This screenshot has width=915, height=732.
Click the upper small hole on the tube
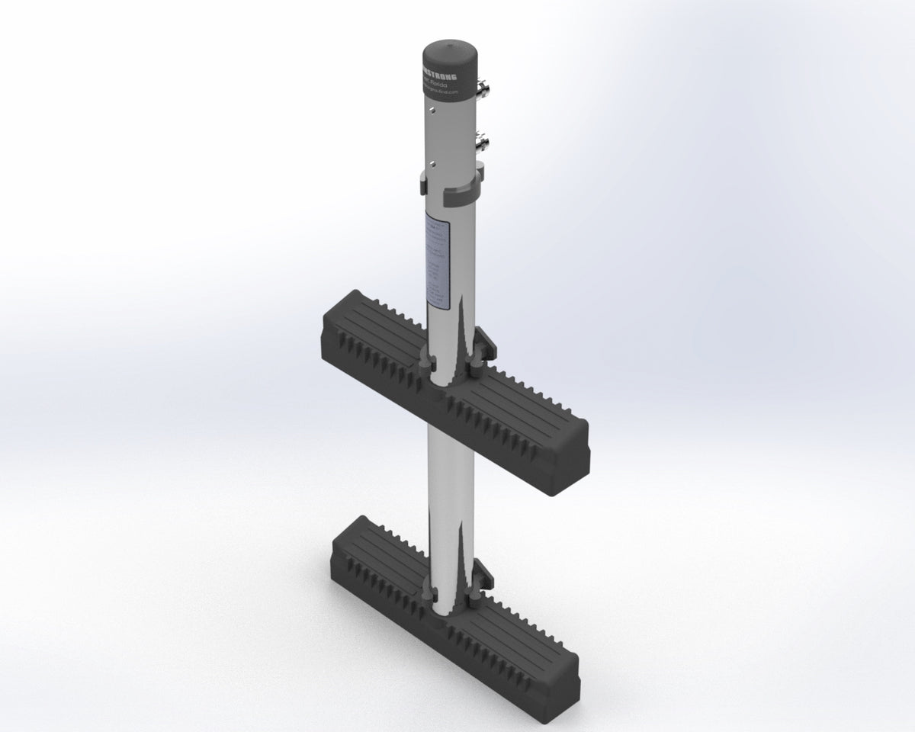click(432, 111)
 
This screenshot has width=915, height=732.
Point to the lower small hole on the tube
click(432, 161)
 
